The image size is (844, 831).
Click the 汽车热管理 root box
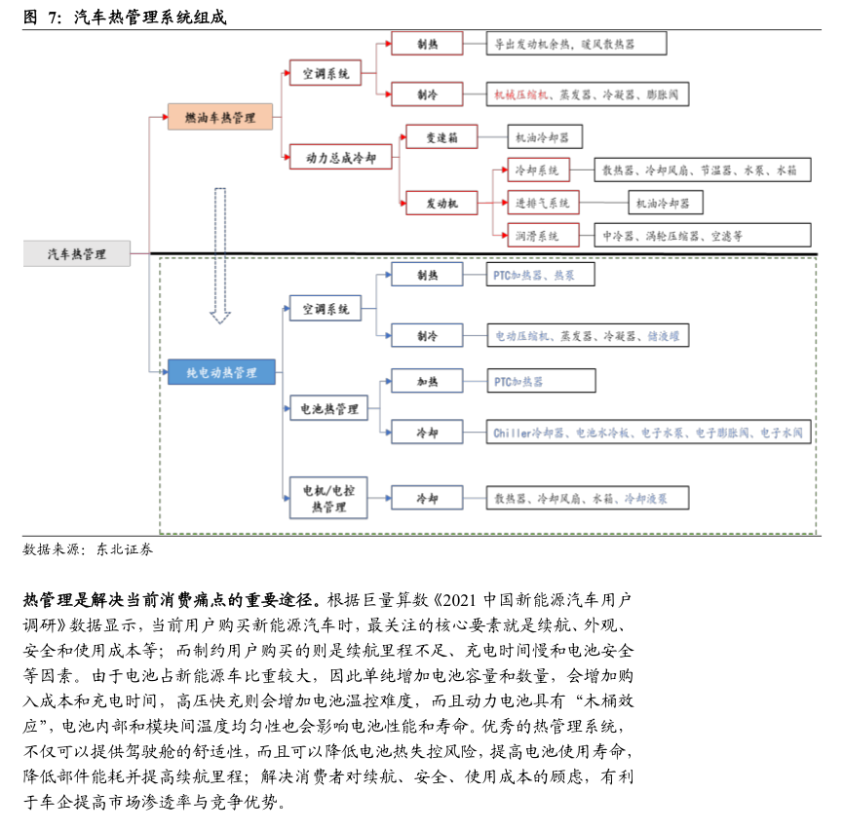(x=77, y=254)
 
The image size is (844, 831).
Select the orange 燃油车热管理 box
(x=219, y=118)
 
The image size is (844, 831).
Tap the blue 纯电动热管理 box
(x=220, y=372)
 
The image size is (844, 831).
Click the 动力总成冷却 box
(x=340, y=157)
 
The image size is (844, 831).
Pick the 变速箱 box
(x=428, y=138)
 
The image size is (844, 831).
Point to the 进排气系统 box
(x=543, y=203)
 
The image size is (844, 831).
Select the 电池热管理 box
(x=327, y=409)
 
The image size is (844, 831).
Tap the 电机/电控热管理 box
(x=327, y=499)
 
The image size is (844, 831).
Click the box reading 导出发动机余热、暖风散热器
(x=576, y=44)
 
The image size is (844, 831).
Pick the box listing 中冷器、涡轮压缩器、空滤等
(x=701, y=235)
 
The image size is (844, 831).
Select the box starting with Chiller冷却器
(x=648, y=432)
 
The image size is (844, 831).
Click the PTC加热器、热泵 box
(x=541, y=276)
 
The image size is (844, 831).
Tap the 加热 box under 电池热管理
(x=427, y=382)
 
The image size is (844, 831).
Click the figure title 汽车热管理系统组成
(x=150, y=17)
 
